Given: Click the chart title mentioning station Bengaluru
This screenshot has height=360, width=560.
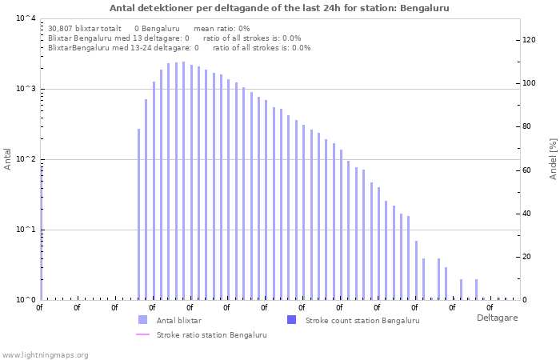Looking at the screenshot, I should tap(279, 8).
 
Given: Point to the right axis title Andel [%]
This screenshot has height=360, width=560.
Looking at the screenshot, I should tap(553, 158).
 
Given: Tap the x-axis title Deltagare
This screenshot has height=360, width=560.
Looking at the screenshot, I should tap(496, 318).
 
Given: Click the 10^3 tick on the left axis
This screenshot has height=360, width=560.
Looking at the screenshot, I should tap(25, 89).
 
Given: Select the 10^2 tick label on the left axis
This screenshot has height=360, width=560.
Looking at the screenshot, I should tap(25, 159).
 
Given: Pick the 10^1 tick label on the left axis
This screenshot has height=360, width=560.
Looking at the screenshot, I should tap(25, 230).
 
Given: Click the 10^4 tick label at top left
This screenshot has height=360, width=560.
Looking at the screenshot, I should tap(25, 18).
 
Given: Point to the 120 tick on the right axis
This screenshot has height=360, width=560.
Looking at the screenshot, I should tap(529, 40).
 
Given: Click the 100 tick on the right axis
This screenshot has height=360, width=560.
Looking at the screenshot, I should tap(529, 83).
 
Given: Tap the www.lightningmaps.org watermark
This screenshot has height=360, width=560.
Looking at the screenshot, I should tap(45, 354).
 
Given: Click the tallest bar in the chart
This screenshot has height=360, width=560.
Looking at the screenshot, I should tap(183, 180).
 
